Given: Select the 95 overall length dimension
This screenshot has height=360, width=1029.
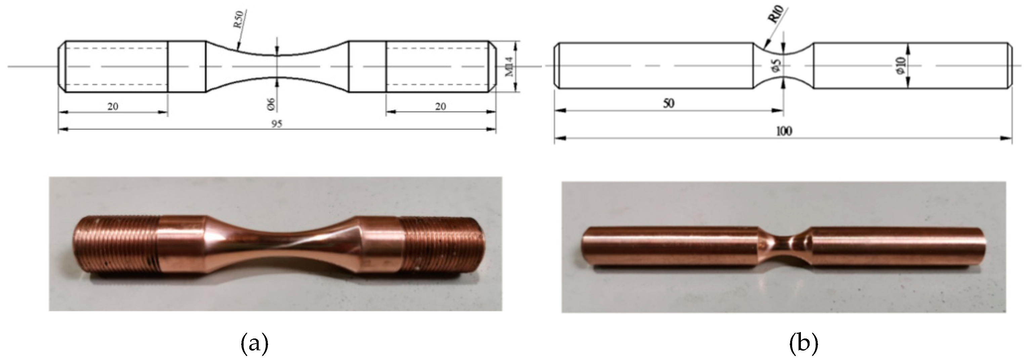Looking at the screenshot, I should click(277, 124).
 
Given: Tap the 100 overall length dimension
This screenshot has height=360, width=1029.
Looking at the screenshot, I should click(784, 131).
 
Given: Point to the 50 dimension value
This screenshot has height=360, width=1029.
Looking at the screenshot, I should click(668, 104).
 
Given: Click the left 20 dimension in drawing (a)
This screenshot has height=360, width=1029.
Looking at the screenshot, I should click(113, 106).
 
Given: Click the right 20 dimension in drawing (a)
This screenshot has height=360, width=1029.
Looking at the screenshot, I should click(440, 106).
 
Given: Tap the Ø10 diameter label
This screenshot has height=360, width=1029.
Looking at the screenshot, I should click(900, 66).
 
